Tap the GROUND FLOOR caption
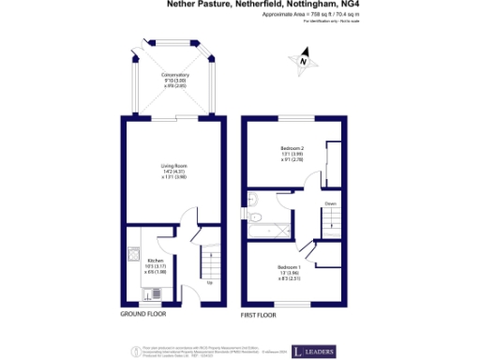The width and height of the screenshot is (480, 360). point(143,314)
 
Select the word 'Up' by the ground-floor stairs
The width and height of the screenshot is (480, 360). point(208,282)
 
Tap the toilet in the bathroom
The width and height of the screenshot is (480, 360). point(253,198)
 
